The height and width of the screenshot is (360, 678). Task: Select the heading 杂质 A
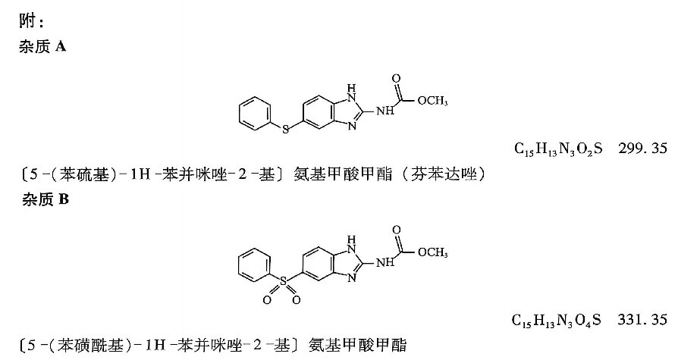(x=42, y=46)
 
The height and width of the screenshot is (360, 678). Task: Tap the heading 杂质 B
(x=46, y=199)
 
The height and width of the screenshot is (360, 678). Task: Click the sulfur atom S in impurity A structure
(x=285, y=128)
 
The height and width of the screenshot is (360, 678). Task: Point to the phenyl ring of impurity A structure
(x=255, y=113)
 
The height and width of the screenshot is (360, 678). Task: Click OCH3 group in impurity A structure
(x=432, y=101)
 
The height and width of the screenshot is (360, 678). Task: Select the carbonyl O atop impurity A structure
(x=396, y=79)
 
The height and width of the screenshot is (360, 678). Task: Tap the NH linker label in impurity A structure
(x=385, y=111)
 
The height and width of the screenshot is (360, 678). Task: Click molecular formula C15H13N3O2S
(x=558, y=149)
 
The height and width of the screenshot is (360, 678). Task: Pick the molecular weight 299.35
(x=643, y=149)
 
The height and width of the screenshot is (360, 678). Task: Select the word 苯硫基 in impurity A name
(x=84, y=174)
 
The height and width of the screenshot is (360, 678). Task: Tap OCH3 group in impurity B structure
(x=432, y=252)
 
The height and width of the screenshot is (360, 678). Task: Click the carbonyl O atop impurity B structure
(x=396, y=230)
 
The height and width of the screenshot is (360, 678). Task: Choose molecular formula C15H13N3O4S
(x=557, y=321)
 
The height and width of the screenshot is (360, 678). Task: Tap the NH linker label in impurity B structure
(x=385, y=262)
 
